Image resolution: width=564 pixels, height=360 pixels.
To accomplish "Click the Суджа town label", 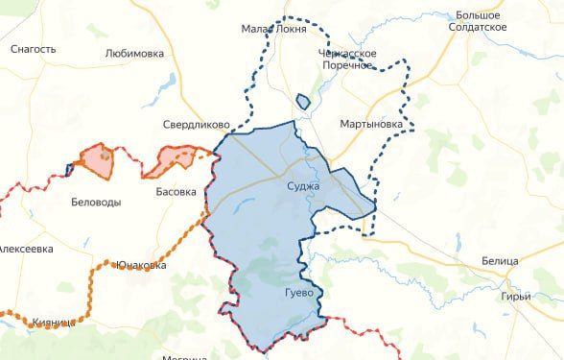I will pyautogui.click(x=305, y=188).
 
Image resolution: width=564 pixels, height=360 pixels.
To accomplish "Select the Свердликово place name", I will pyautogui.click(x=195, y=125).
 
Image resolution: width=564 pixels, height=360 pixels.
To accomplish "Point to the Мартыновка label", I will pyautogui.click(x=370, y=125).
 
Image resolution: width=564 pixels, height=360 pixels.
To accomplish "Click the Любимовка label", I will pyautogui.click(x=134, y=54).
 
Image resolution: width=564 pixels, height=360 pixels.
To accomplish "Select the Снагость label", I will pyautogui.click(x=34, y=48).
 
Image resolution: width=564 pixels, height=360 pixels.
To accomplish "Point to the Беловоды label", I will pyautogui.click(x=97, y=203).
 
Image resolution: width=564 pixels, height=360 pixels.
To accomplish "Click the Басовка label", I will pyautogui.click(x=176, y=192).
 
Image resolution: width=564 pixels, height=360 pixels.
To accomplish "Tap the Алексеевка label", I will pyautogui.click(x=25, y=249).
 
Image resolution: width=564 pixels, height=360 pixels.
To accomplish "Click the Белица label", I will pyautogui.click(x=500, y=261).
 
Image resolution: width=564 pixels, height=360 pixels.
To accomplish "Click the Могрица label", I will pyautogui.click(x=185, y=357).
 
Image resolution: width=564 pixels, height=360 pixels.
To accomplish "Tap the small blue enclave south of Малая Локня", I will pyautogui.click(x=303, y=101).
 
